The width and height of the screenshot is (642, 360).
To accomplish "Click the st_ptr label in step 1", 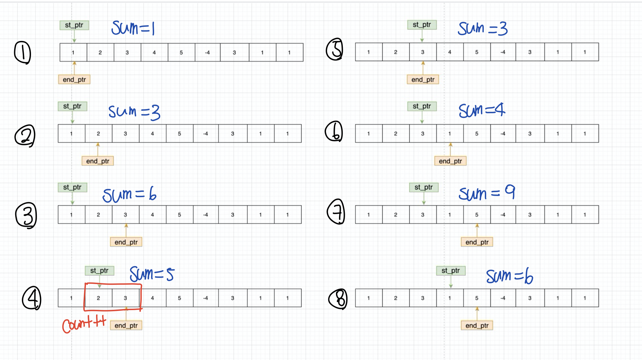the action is pos(74,25).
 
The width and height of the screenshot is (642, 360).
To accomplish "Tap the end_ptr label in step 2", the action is pos(98,161).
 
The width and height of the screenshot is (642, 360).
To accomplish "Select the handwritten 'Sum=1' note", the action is pos(133,28).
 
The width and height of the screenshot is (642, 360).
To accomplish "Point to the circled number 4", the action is pos(32,298).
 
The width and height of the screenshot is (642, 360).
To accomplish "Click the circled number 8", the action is pos(338,299).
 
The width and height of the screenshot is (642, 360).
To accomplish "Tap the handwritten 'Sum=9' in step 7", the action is pos(487,193).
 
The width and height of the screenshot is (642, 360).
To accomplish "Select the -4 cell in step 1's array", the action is pos(208,52).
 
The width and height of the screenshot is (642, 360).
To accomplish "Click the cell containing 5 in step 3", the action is pos(180,215).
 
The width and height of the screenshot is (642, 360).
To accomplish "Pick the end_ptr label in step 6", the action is pos(450,161).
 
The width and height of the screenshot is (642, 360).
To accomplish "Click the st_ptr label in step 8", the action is pos(451,271).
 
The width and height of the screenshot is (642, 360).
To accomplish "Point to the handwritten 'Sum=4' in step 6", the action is pos(482,110).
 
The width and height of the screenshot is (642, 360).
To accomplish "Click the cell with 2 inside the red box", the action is pos(99,298).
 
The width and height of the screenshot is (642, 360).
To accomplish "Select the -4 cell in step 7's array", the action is pos(503,215).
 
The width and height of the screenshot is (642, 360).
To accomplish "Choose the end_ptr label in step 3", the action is pos(126,242).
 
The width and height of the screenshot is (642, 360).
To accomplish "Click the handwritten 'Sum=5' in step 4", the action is pos(152,274).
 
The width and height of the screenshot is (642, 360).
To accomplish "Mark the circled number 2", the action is pos(25,135).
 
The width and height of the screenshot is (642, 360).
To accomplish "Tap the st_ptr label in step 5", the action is pos(422,25).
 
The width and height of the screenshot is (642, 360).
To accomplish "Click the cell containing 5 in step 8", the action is pos(477,298).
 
